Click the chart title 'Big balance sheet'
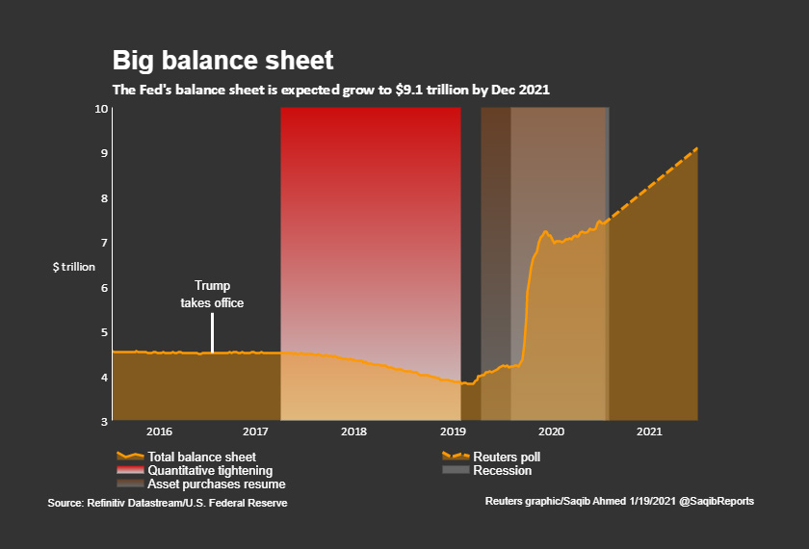pyautogui.click(x=222, y=61)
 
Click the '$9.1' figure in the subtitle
pyautogui.click(x=404, y=89)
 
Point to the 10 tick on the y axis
pyautogui.click(x=101, y=108)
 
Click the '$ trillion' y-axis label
pyautogui.click(x=74, y=266)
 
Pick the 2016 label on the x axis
pyautogui.click(x=160, y=432)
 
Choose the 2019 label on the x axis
pyautogui.click(x=453, y=432)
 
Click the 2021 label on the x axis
pyautogui.click(x=648, y=432)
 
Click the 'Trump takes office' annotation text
pyautogui.click(x=212, y=294)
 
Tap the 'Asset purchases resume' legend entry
pyautogui.click(x=216, y=484)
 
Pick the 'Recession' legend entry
pyautogui.click(x=502, y=470)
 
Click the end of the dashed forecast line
pyautogui.click(x=696, y=148)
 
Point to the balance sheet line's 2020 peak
pyautogui.click(x=545, y=231)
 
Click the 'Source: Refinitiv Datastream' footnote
pyautogui.click(x=168, y=503)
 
